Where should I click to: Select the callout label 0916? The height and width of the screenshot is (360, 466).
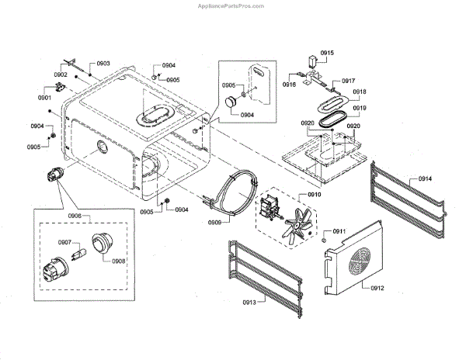coord(290,83)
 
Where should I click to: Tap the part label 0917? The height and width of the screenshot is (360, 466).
coord(348,81)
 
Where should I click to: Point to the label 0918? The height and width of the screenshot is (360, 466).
coord(360,92)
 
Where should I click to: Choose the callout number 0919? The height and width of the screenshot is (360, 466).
coord(360,108)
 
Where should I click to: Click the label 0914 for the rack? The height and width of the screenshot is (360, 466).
coord(425,179)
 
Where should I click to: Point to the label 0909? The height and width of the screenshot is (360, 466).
coord(215,223)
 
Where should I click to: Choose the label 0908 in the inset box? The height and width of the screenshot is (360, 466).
coord(118,262)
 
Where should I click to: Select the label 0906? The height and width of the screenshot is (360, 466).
coord(75,216)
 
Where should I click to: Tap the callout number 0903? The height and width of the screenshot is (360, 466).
coord(103,63)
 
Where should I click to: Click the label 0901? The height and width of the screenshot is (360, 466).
coord(45,98)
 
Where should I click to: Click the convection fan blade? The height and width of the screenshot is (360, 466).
coord(296,227)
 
